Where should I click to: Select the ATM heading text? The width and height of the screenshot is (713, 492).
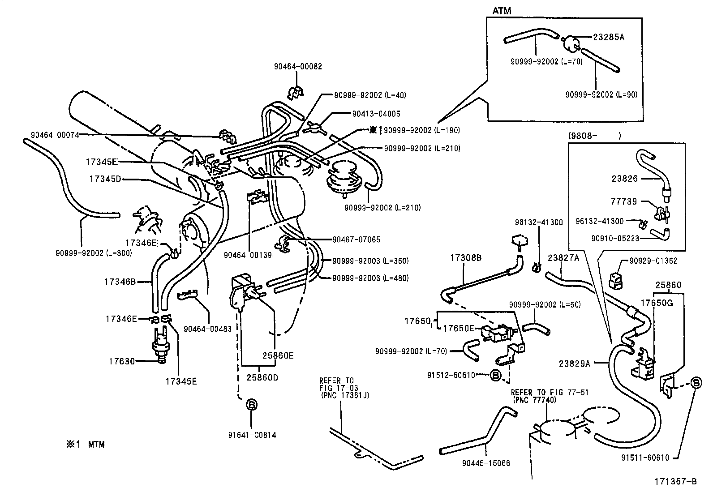(502, 11)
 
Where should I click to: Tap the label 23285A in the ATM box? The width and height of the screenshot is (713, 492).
(608, 37)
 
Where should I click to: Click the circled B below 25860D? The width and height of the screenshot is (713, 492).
(252, 405)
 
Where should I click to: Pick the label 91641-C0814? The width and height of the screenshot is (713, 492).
(252, 434)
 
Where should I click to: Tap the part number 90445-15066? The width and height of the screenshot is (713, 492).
(485, 463)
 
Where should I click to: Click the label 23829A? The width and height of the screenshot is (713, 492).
(575, 364)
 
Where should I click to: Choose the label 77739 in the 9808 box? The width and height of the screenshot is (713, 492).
(624, 201)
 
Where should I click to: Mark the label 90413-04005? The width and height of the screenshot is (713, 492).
(376, 114)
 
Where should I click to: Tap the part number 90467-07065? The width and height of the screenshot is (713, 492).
(356, 240)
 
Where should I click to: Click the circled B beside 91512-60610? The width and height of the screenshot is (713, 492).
(496, 375)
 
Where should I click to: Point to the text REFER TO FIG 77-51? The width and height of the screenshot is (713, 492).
(550, 393)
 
